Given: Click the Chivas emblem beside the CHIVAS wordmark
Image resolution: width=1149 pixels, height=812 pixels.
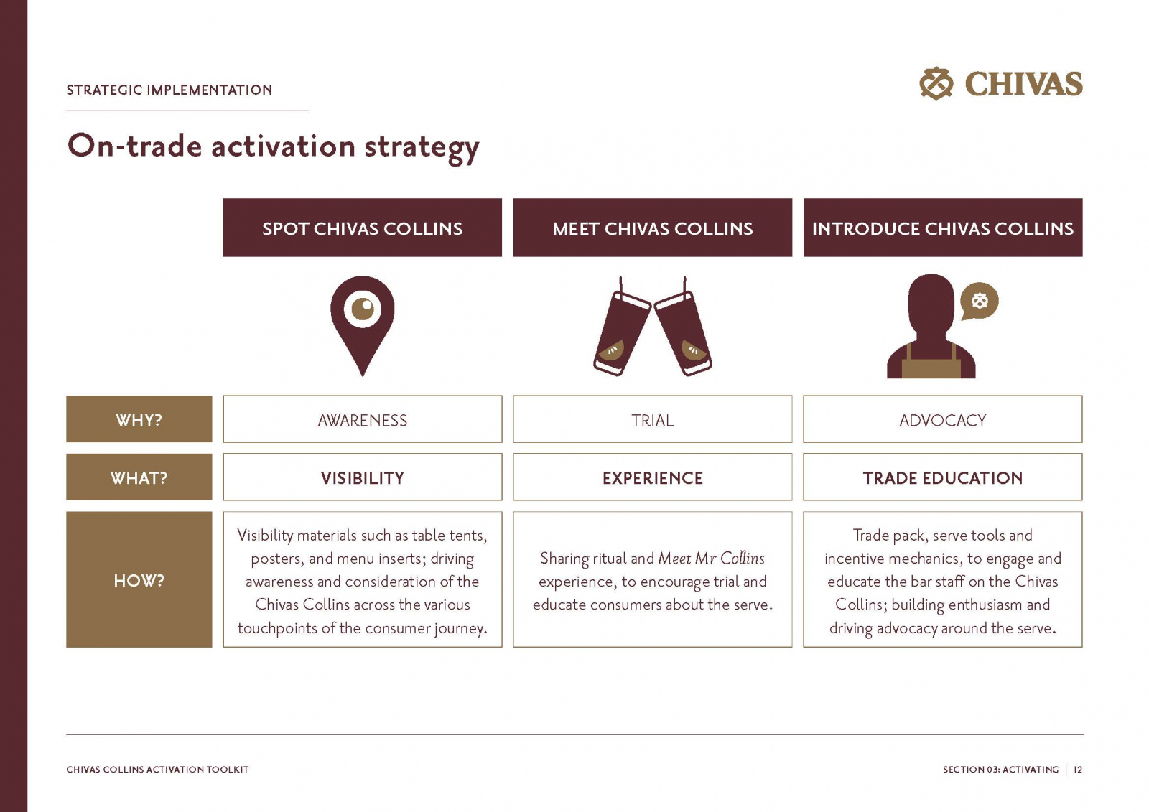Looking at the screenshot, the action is click(x=936, y=83).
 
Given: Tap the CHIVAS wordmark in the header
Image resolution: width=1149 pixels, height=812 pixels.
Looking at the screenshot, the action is click(x=1024, y=83).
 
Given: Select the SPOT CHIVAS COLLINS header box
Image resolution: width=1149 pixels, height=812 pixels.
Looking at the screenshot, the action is click(x=362, y=228).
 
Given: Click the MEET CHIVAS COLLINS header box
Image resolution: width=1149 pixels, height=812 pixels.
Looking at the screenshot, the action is click(x=653, y=228).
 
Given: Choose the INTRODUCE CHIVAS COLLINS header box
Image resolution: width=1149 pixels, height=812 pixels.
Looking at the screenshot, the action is click(x=943, y=228).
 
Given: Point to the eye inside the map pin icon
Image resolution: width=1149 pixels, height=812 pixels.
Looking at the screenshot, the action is click(x=363, y=309).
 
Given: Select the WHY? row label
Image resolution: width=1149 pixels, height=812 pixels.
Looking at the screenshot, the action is click(x=139, y=419).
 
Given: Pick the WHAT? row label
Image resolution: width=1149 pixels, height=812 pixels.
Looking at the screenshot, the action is click(x=139, y=477).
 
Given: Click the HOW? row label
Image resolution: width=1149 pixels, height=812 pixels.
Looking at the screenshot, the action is click(x=139, y=579).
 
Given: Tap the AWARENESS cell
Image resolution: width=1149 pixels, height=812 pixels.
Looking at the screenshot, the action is click(x=362, y=419).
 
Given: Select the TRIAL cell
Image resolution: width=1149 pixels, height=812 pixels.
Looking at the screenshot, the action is click(x=653, y=419).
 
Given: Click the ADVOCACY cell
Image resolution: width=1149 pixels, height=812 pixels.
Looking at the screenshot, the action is click(x=943, y=419).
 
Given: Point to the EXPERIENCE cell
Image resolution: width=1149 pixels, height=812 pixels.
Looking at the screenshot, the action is click(x=653, y=477).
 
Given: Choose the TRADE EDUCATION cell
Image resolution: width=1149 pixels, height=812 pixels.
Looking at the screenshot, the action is click(x=943, y=477).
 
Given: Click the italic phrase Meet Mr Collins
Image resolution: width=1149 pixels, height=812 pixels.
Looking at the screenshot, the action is click(x=711, y=558).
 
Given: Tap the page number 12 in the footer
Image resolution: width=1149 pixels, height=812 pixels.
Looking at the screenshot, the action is click(x=1078, y=770).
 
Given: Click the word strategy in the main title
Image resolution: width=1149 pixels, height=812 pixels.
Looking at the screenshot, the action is click(x=422, y=148).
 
